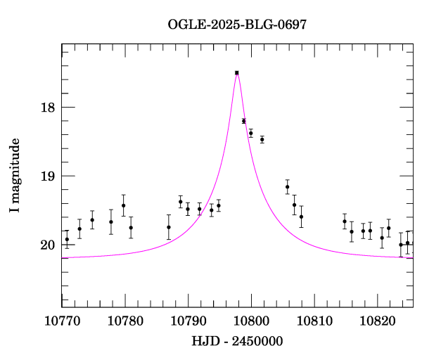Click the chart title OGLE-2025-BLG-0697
237,25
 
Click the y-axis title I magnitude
15,176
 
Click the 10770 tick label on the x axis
62,321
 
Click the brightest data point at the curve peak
237,72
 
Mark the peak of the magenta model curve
237,72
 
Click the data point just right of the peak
243,121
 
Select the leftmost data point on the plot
67,239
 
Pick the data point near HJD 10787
169,227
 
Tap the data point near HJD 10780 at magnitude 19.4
124,205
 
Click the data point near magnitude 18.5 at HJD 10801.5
262,139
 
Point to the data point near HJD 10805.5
288,187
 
